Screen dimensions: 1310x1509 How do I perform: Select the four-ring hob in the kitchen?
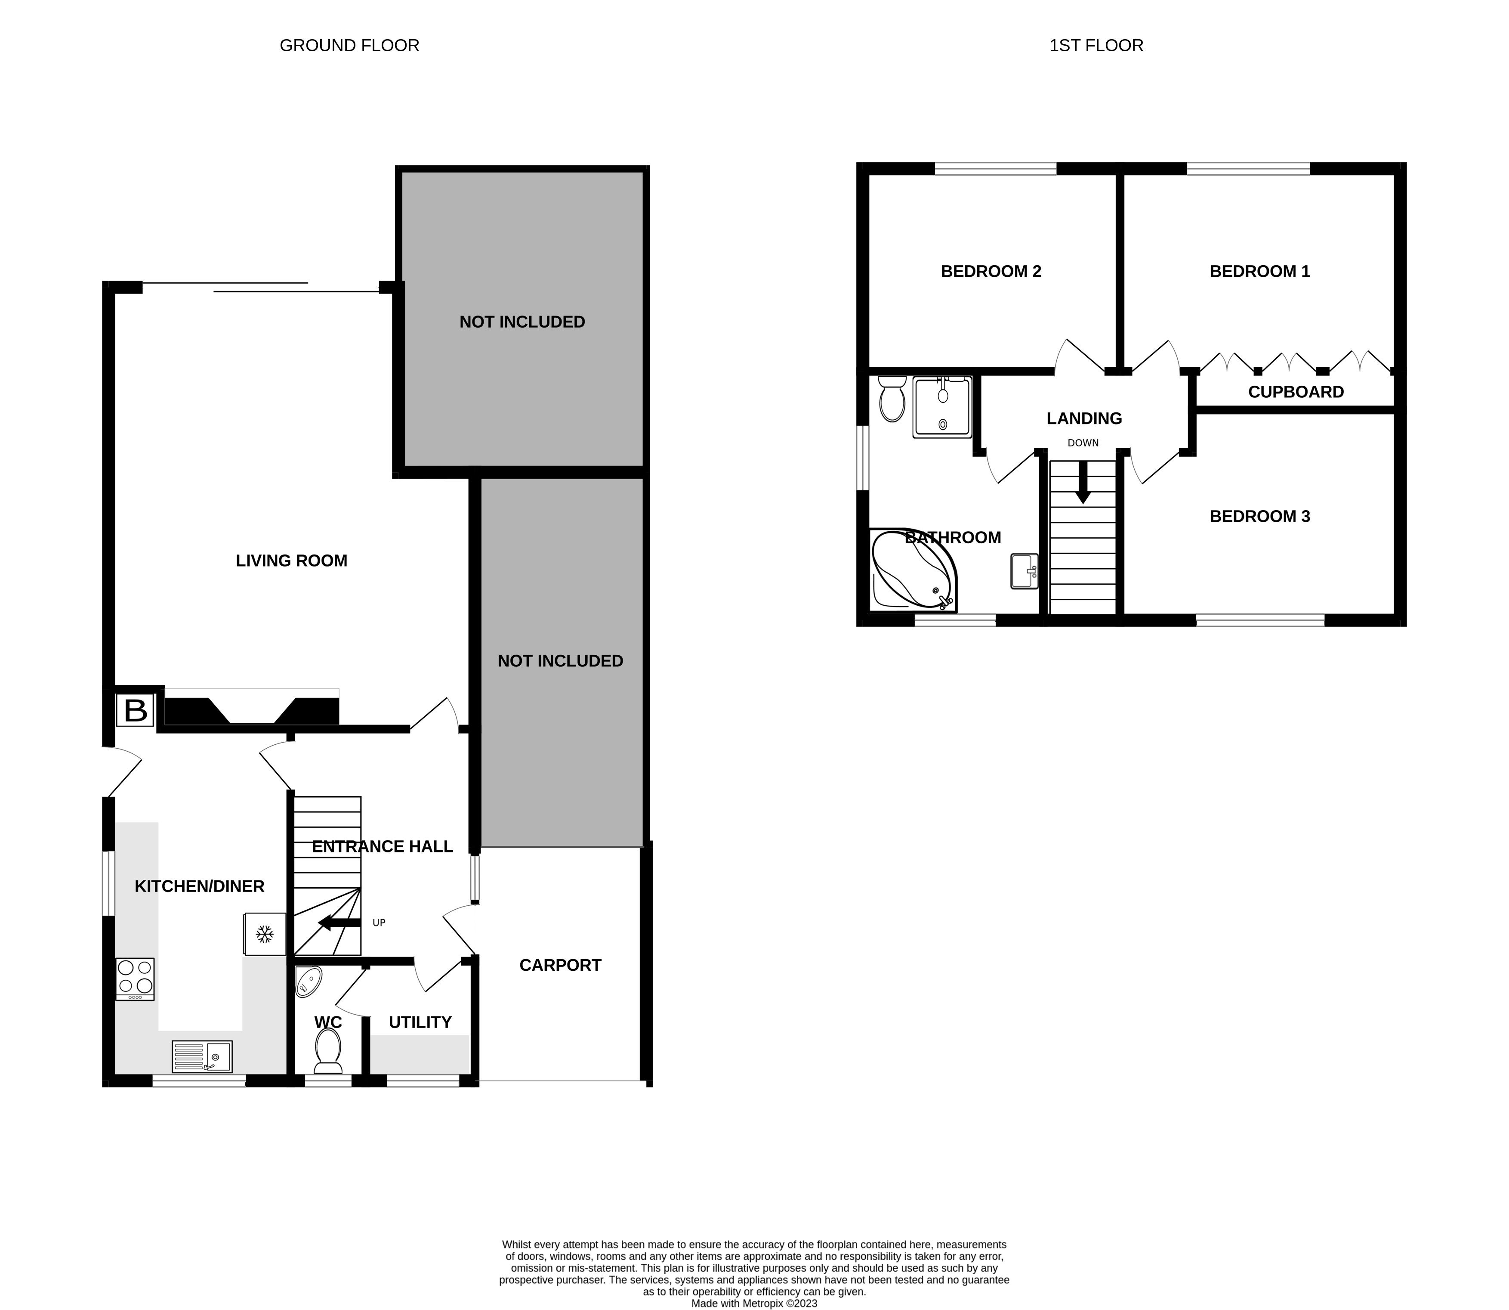[x=135, y=978]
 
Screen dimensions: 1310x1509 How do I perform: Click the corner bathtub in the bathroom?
[x=911, y=571]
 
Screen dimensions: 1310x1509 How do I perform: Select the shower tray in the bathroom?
[x=942, y=407]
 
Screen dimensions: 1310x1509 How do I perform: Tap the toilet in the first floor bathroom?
[x=892, y=398]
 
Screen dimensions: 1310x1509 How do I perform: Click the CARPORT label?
[x=560, y=965]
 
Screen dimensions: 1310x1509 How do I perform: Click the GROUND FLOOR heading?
[x=349, y=45]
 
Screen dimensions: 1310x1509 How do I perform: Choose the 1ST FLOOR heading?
[x=1095, y=45]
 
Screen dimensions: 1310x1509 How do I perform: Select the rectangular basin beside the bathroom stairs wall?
[x=1024, y=571]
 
